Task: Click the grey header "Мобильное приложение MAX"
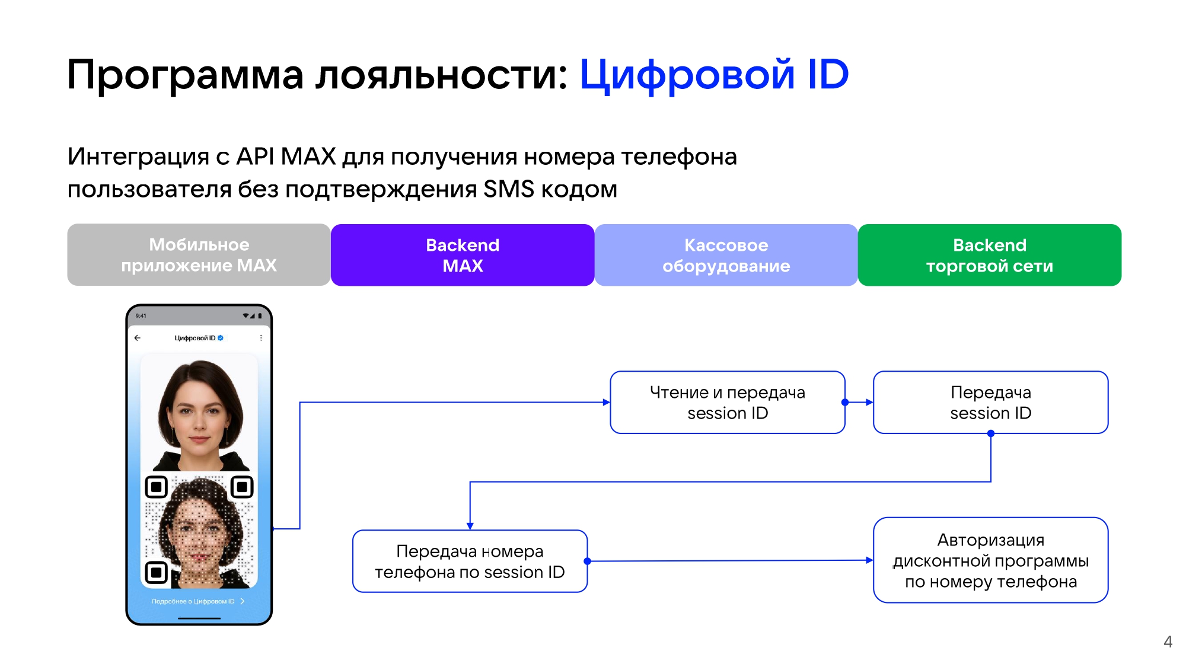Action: coord(199,255)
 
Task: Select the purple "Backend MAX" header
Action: coord(463,255)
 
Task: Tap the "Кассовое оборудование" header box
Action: coord(726,255)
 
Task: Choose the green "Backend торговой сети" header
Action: coord(989,255)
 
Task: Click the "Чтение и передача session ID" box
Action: coord(727,403)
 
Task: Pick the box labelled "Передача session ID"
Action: coord(990,403)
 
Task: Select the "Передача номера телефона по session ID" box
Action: coord(470,561)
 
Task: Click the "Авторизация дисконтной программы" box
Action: coord(990,560)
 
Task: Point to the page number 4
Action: coord(1168,642)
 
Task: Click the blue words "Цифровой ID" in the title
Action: coord(714,75)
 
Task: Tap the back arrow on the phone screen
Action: coord(138,338)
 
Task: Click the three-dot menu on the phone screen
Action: coord(261,338)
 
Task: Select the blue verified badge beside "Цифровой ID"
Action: coord(221,338)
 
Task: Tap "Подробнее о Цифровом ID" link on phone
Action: coord(193,601)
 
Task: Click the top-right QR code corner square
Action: coord(242,487)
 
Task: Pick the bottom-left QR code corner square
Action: coord(157,572)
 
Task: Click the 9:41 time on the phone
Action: coord(141,316)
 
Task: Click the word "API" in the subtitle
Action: coord(255,157)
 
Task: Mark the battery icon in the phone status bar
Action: coord(260,316)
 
